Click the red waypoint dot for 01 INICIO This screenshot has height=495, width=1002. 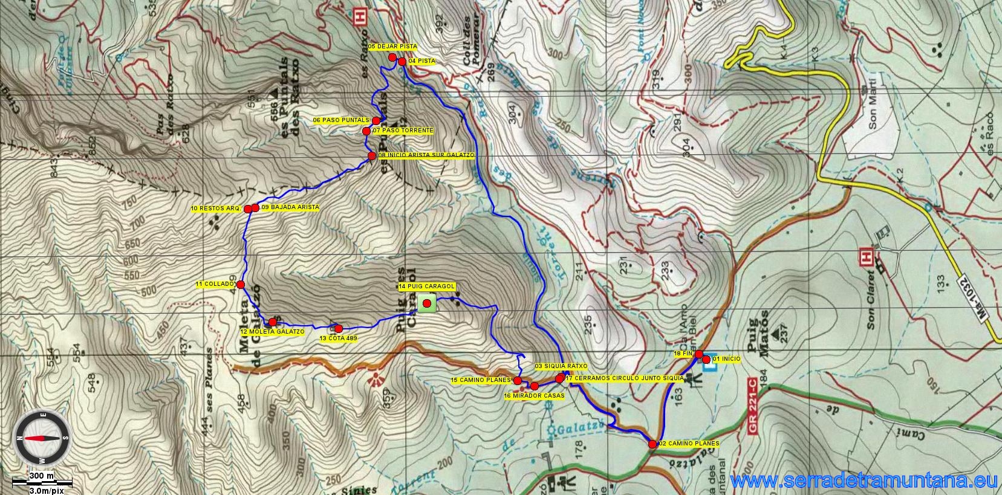706,360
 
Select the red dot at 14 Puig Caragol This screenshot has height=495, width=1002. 427,303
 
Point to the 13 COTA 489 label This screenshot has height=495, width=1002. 338,338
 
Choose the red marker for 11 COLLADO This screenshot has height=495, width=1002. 240,284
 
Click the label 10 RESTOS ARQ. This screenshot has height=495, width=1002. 216,209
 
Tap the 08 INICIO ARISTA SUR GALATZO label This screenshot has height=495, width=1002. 426,155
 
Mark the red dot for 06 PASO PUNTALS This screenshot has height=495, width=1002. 376,121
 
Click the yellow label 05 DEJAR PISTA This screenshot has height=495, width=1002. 392,47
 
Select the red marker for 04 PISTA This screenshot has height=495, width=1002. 402,61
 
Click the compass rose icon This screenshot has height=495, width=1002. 42,438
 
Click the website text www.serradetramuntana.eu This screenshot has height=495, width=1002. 864,481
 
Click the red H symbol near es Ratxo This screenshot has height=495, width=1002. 361,16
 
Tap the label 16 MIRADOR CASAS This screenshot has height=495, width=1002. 534,396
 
